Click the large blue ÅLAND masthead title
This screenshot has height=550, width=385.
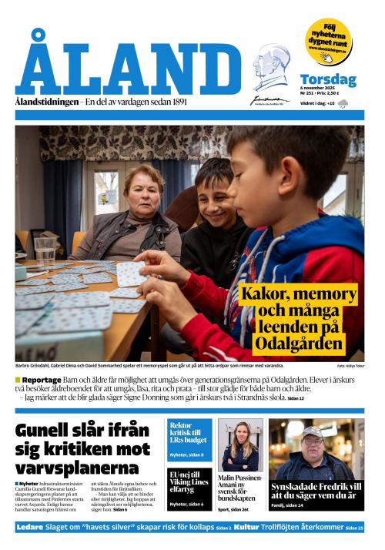pyautogui.click(x=127, y=65)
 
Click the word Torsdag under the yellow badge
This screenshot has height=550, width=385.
pyautogui.click(x=328, y=79)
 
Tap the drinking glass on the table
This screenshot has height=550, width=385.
pyautogui.click(x=45, y=250)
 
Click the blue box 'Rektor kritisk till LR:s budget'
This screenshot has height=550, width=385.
pyautogui.click(x=189, y=434)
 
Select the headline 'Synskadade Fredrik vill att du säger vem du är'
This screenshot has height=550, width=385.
pyautogui.click(x=316, y=491)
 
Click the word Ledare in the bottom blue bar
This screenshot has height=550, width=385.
pyautogui.click(x=32, y=527)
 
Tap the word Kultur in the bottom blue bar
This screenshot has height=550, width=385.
pyautogui.click(x=246, y=527)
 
